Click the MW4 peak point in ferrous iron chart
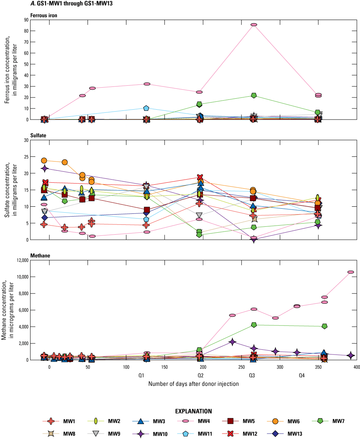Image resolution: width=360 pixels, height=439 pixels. point(254,25)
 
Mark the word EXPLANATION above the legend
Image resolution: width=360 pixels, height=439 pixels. point(194,411)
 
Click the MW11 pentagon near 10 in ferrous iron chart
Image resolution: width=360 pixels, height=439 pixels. point(146,108)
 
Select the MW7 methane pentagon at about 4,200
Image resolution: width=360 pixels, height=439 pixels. point(254,325)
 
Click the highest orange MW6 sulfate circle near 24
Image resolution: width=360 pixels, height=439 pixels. point(44,160)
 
